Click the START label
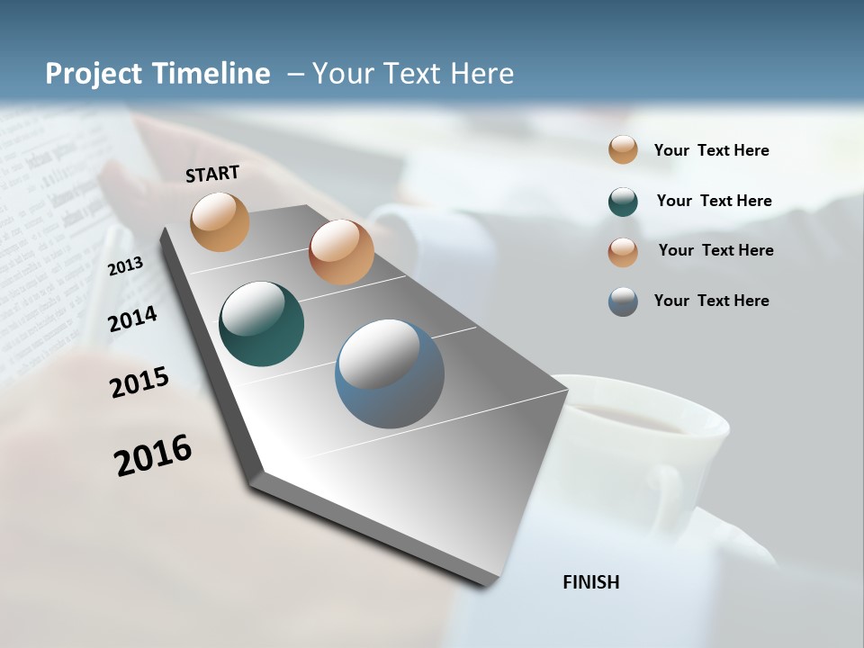pos(212,174)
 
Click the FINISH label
pos(590,582)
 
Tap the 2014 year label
pos(132,319)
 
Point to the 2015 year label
pos(139,382)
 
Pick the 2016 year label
pos(153,454)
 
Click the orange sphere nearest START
pos(220,221)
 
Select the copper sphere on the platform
pos(341,252)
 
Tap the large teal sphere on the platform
pos(261,324)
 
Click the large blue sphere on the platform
pos(390,373)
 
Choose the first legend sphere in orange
pos(623,149)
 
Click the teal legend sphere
pos(623,202)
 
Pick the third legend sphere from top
pos(623,251)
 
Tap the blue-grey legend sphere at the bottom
pos(623,301)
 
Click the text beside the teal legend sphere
pos(714,201)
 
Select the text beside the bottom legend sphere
pos(711,301)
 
